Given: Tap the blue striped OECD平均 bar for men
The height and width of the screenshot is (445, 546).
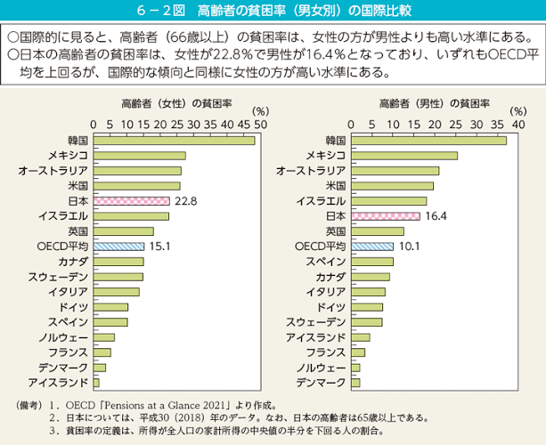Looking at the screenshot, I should point(372,247).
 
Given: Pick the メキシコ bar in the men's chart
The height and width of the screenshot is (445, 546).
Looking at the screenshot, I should point(404,156).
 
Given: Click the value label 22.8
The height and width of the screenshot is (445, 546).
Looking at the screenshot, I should point(186,201).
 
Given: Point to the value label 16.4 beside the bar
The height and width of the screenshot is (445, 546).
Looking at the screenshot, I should point(436,216).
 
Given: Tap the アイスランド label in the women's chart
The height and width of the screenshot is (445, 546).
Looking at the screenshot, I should point(58,383).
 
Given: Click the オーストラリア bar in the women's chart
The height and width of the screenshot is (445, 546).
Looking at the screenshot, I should point(138,171).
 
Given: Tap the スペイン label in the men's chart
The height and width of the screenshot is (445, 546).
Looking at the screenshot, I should point(326,262).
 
